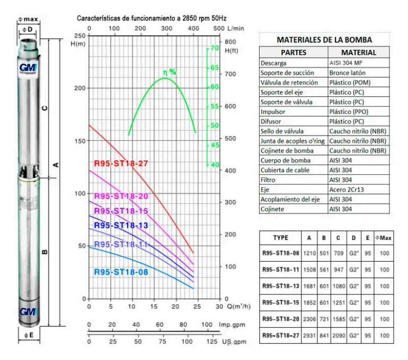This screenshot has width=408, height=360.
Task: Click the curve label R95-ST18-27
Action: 120,163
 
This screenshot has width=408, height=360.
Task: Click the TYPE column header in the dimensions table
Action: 280,238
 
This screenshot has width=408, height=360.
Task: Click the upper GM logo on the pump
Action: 28,69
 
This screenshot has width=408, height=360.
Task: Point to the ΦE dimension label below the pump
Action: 28,336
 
